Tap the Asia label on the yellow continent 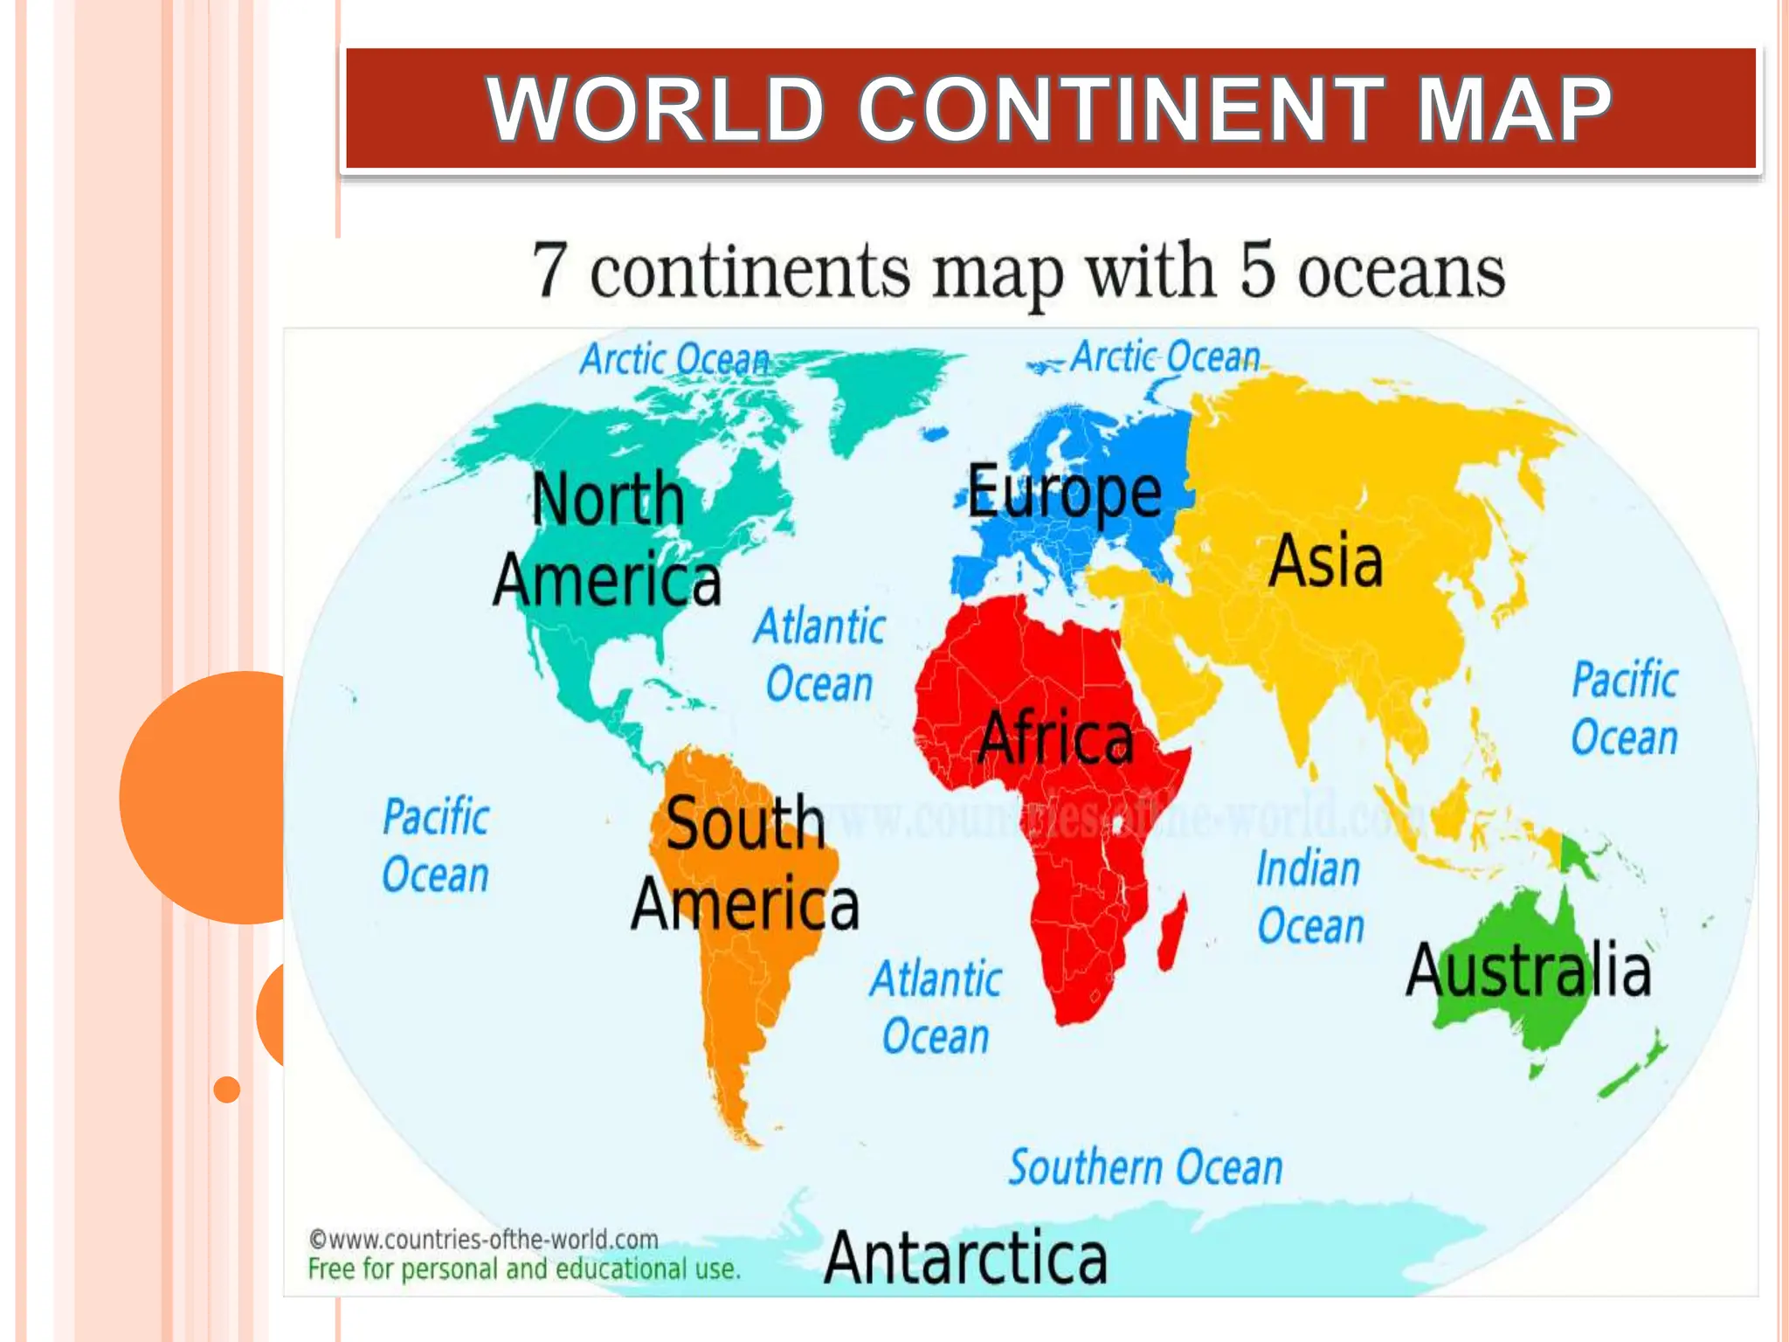(x=1325, y=561)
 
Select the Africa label (x=1055, y=738)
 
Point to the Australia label (x=1528, y=971)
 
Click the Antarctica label (x=965, y=1258)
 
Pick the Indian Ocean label (x=1309, y=897)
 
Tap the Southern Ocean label (x=1145, y=1167)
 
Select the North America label (x=608, y=538)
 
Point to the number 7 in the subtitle (x=549, y=271)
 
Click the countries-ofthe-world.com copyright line (x=483, y=1239)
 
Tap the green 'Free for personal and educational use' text (x=523, y=1269)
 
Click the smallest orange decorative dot (x=227, y=1090)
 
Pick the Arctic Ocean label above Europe (x=1165, y=356)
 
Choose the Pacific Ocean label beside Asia (x=1624, y=709)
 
